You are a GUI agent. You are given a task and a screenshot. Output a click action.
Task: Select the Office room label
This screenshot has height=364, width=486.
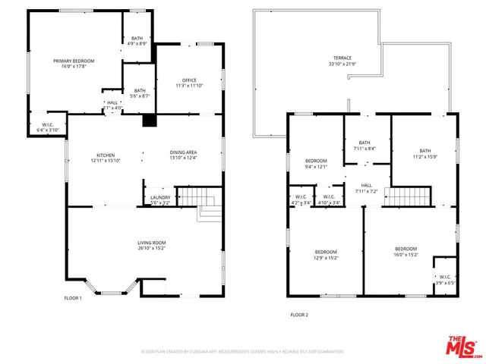189,83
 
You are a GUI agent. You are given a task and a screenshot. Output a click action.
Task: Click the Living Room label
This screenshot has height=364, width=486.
152,244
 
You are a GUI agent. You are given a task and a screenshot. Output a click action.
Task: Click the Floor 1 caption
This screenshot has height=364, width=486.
73,298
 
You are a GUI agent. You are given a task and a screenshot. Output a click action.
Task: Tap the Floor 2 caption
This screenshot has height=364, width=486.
299,315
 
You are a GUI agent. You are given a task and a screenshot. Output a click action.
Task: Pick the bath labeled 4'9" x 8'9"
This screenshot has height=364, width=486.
137,41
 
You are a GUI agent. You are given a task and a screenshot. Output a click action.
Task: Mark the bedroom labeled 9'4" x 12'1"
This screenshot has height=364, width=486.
316,164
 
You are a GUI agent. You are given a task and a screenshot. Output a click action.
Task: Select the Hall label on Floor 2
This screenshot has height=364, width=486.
366,188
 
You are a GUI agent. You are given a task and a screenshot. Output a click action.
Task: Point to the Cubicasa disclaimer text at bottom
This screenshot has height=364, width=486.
243,352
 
